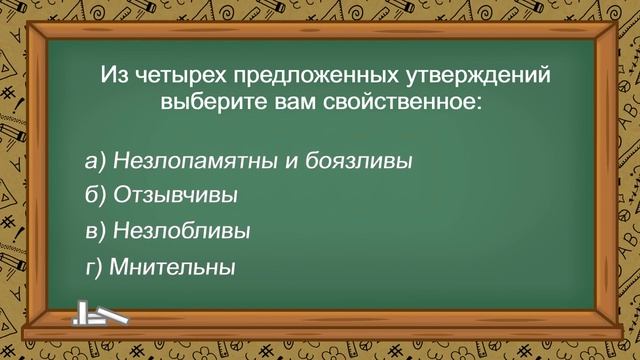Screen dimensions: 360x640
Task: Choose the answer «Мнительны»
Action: (x=172, y=267)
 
